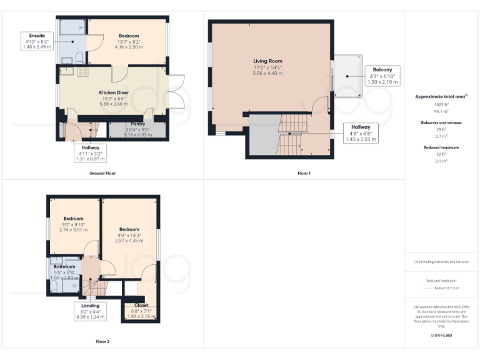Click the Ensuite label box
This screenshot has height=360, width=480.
click(x=36, y=41)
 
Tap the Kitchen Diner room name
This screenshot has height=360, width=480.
click(x=114, y=92)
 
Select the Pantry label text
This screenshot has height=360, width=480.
click(x=137, y=124)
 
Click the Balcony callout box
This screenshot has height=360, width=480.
click(x=382, y=76)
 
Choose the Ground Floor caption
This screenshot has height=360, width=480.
click(x=102, y=173)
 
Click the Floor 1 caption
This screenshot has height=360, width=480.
click(x=304, y=173)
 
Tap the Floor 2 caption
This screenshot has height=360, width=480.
click(x=102, y=342)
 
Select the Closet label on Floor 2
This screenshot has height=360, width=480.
click(x=141, y=306)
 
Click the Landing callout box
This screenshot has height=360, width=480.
click(x=82, y=311)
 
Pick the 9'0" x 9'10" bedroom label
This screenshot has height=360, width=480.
click(x=72, y=218)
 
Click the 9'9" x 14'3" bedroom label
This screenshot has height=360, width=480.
click(x=128, y=229)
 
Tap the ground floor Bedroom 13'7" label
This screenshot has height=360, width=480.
click(x=129, y=36)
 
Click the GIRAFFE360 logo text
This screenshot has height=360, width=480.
click(x=441, y=336)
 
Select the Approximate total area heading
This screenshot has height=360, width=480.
click(x=441, y=97)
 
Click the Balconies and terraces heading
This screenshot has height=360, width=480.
click(x=441, y=123)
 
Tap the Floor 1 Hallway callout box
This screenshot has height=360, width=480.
click(x=361, y=133)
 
